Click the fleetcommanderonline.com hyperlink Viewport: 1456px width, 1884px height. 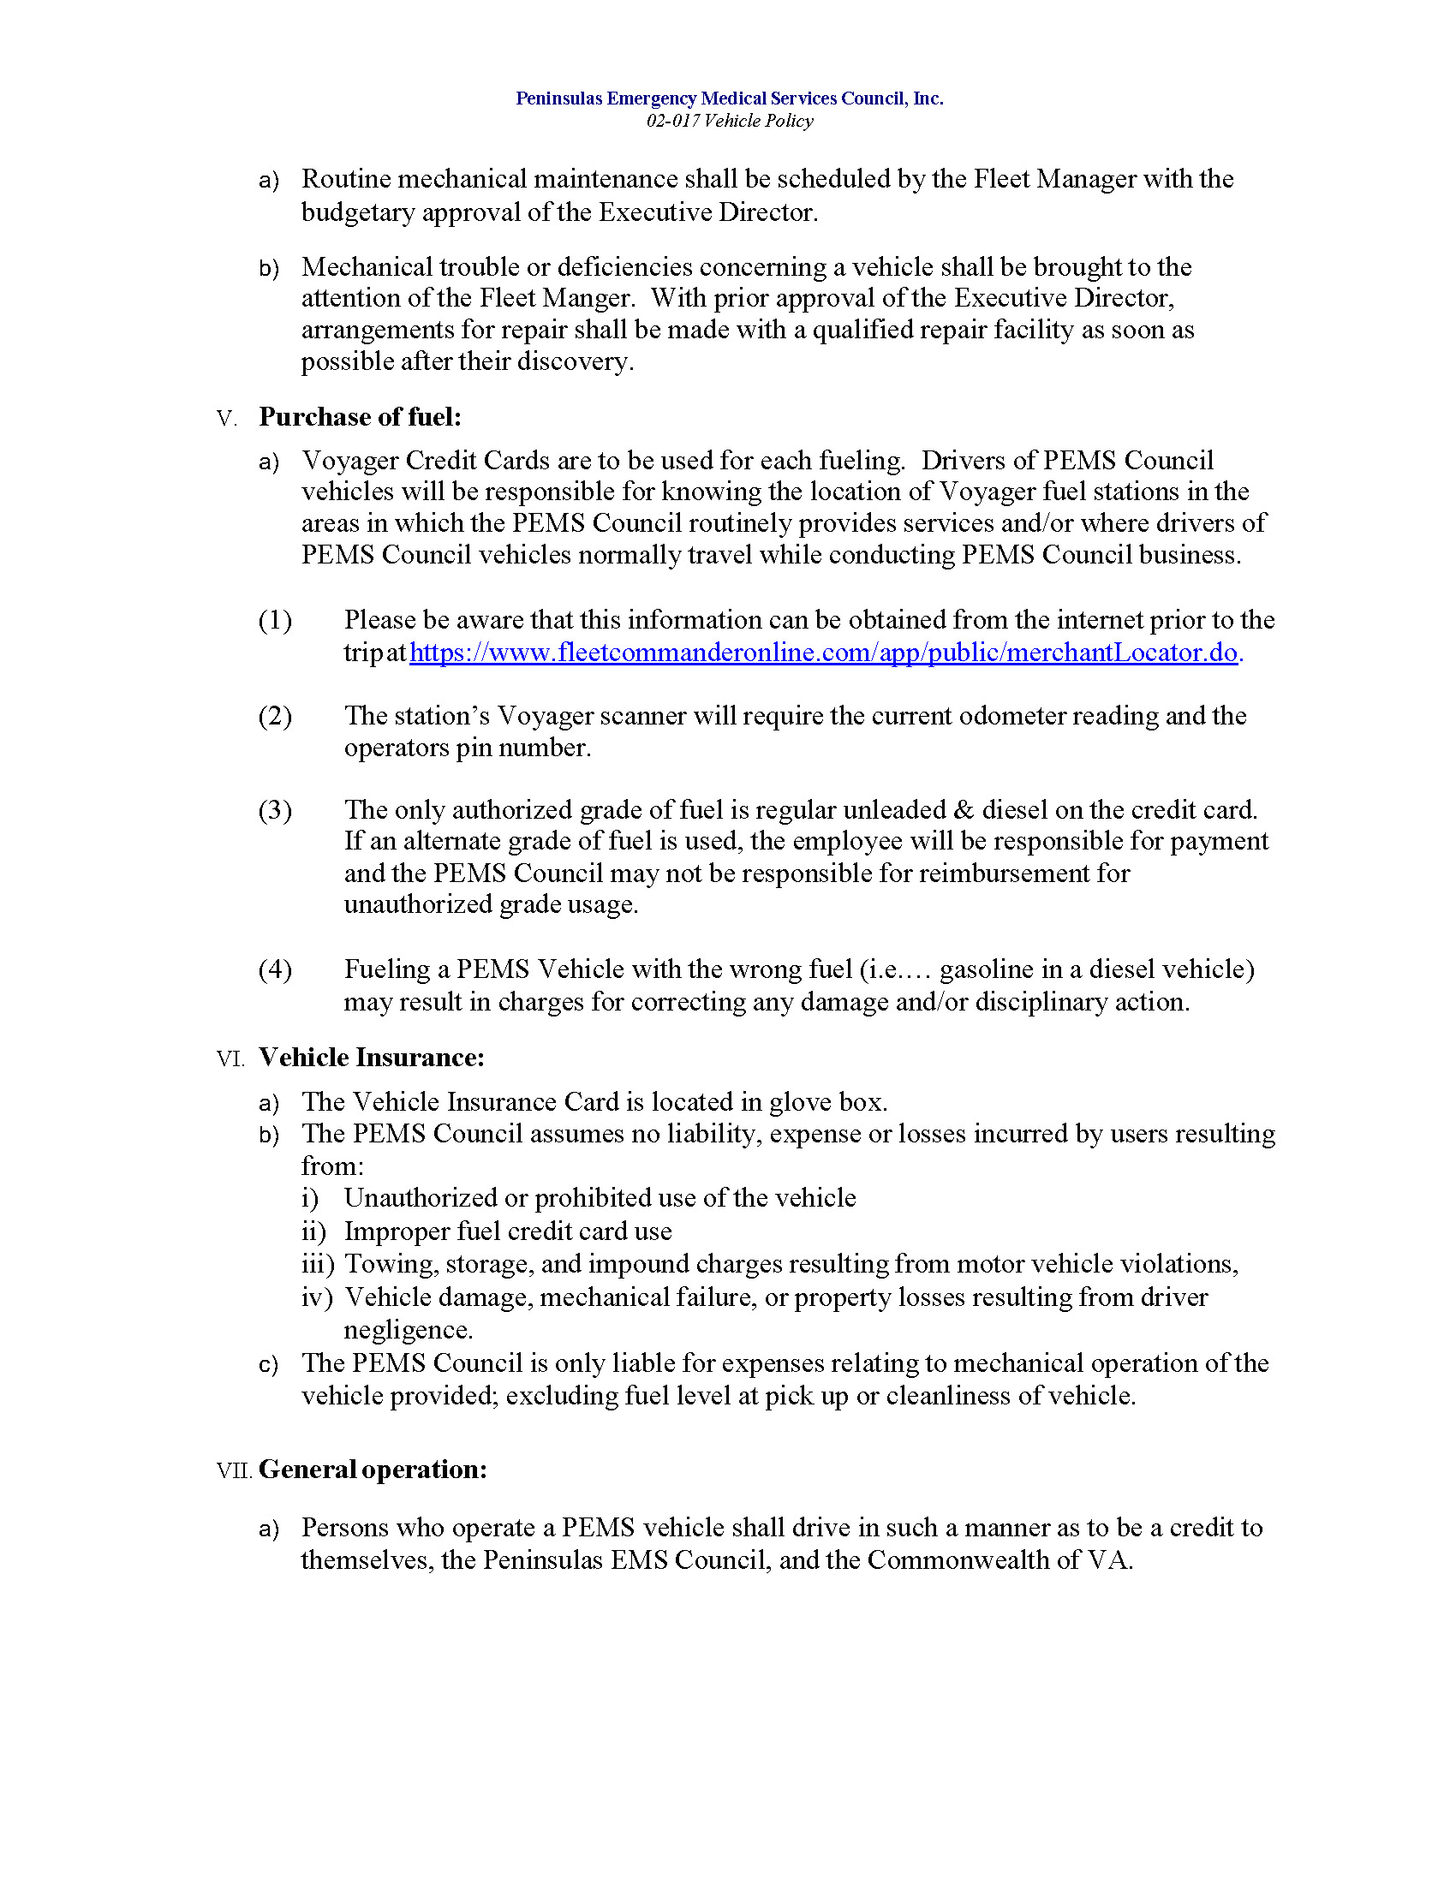(823, 653)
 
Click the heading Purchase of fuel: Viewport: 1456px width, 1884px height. (360, 418)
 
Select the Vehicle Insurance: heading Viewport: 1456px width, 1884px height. (371, 1058)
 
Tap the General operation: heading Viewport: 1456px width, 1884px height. (373, 1470)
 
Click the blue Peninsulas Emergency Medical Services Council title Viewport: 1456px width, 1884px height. (729, 98)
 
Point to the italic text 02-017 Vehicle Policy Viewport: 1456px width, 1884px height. (729, 121)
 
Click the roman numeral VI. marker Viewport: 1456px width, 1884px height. (230, 1059)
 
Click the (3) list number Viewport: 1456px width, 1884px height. (275, 810)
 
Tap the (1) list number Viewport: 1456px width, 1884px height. (275, 620)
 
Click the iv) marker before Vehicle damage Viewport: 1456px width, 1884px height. (317, 1297)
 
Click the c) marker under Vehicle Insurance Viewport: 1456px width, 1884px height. (268, 1365)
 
